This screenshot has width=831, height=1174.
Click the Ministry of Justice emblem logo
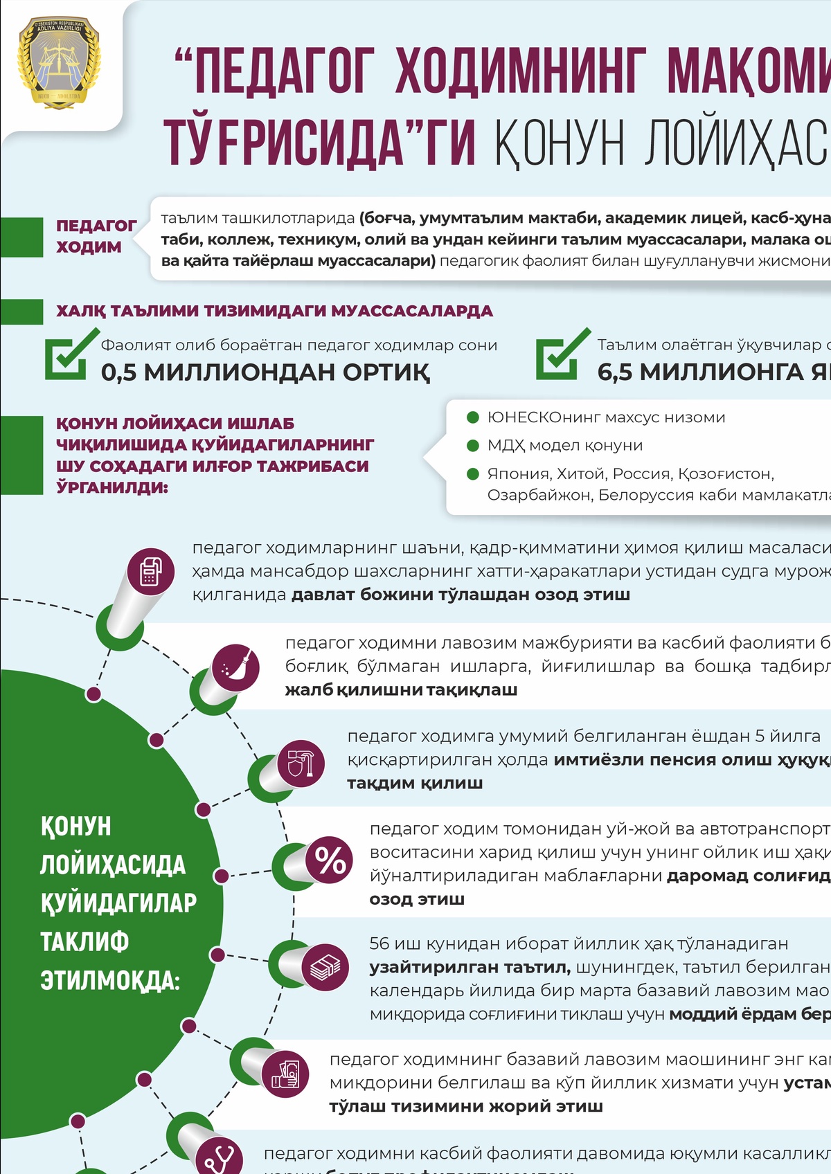[59, 64]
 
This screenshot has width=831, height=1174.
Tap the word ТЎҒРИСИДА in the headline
[284, 142]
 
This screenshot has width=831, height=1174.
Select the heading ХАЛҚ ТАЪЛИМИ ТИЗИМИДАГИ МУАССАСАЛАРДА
[274, 311]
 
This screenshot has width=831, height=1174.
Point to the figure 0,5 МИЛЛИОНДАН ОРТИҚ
[265, 372]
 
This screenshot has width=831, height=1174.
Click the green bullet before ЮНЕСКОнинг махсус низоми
[474, 417]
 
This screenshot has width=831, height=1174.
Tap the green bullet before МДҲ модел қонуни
[474, 446]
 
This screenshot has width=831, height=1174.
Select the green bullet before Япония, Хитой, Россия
[474, 474]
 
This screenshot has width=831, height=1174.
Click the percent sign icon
[330, 860]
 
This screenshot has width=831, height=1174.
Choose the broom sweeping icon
[236, 668]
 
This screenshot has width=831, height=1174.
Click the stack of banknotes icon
[325, 966]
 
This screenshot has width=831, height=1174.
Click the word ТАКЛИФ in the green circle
[84, 941]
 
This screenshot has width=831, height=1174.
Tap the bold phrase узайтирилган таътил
[470, 967]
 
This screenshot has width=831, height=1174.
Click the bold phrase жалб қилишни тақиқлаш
[401, 690]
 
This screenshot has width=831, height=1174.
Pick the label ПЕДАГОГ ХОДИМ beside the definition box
[96, 236]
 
